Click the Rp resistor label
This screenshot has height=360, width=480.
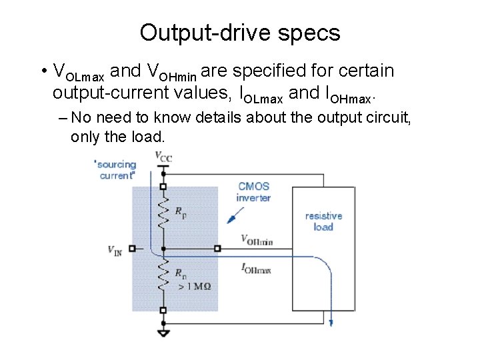click(181, 213)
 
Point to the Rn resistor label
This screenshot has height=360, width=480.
click(181, 273)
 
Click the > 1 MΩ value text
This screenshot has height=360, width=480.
click(195, 286)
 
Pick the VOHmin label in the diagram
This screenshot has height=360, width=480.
click(257, 240)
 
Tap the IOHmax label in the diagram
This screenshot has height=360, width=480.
click(257, 268)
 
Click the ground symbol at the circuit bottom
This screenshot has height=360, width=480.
click(163, 333)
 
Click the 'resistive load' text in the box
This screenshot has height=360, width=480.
click(323, 221)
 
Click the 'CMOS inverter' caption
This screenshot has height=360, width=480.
click(253, 192)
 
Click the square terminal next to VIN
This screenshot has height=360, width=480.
click(132, 249)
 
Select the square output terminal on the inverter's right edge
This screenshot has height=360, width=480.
click(217, 249)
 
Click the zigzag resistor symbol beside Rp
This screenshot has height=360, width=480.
click(163, 213)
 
